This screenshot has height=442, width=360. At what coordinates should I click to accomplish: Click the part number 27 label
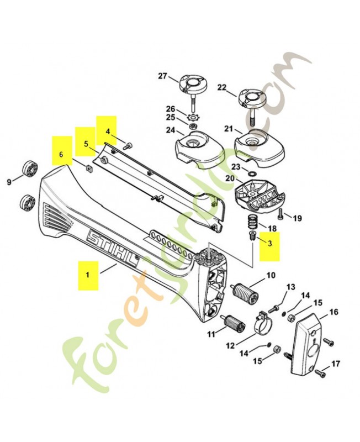click(162, 76)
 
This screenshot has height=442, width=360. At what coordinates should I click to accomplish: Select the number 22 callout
click(222, 87)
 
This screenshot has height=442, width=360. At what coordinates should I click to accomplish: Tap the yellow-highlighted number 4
click(108, 131)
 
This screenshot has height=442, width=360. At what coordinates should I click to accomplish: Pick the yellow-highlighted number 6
click(61, 155)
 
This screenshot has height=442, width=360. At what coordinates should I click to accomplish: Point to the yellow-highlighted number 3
click(270, 243)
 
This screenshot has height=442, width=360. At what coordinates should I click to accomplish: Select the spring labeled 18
click(252, 224)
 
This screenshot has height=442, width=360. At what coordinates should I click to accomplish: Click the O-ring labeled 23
click(252, 175)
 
